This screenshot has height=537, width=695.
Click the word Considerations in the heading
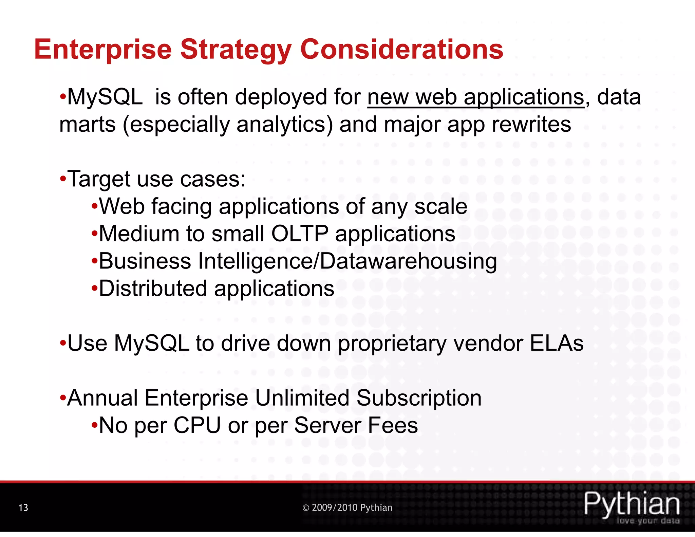401,49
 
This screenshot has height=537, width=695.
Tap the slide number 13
23,507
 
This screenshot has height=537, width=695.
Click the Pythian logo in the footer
632,504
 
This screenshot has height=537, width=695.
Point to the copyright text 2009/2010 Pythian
347,507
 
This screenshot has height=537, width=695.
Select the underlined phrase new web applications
476,97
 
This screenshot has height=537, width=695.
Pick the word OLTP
300,234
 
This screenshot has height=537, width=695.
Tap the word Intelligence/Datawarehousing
347,261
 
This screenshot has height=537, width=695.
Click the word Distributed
153,289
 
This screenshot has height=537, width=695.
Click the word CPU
197,425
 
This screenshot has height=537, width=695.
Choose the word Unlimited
302,398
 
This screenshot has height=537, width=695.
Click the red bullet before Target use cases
63,179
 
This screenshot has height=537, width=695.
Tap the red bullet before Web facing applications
94,206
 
